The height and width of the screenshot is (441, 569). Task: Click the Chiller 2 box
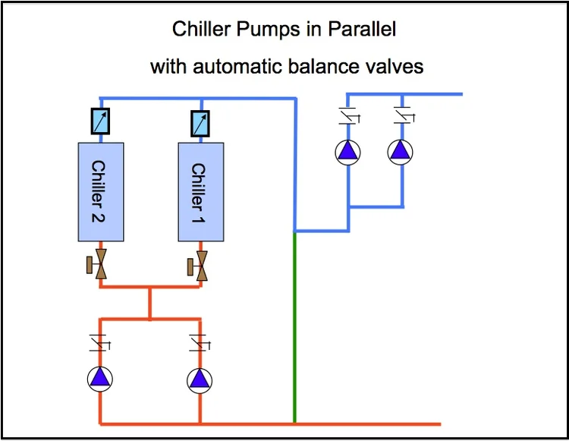(x=101, y=192)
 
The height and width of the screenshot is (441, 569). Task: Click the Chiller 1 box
(x=200, y=192)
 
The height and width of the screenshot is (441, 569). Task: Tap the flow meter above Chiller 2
(x=100, y=121)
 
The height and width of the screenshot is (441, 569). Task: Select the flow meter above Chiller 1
(x=200, y=121)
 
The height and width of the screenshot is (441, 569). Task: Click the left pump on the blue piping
(x=348, y=152)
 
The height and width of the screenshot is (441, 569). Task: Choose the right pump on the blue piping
(x=401, y=152)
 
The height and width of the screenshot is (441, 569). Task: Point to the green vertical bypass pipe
(x=294, y=326)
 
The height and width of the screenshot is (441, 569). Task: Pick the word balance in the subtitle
(x=315, y=67)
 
